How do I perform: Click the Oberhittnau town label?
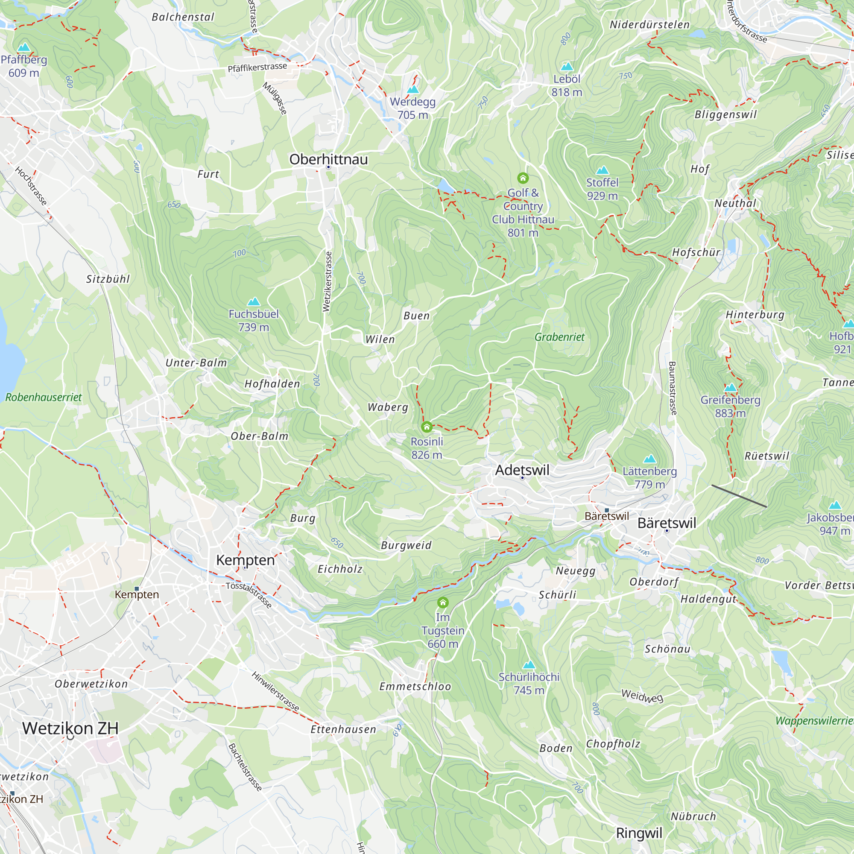point(328,159)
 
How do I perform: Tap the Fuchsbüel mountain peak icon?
point(253,302)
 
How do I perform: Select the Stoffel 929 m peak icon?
point(602,171)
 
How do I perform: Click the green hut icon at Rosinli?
point(427,427)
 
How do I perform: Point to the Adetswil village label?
point(522,470)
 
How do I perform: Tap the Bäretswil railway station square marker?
point(606,510)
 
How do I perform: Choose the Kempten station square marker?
point(137,589)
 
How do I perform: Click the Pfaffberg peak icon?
point(23,47)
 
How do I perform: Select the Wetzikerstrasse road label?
point(327,281)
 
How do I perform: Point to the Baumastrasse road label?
point(673,388)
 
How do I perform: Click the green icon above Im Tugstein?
point(442,602)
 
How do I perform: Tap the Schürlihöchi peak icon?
point(529,665)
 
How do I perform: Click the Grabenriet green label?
point(559,337)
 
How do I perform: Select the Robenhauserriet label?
point(43,397)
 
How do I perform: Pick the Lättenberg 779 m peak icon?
point(649,459)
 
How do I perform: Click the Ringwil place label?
point(639,833)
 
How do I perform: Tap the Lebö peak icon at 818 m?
point(567,67)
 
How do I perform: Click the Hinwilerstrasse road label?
point(275,691)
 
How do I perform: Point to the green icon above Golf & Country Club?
point(523,178)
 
